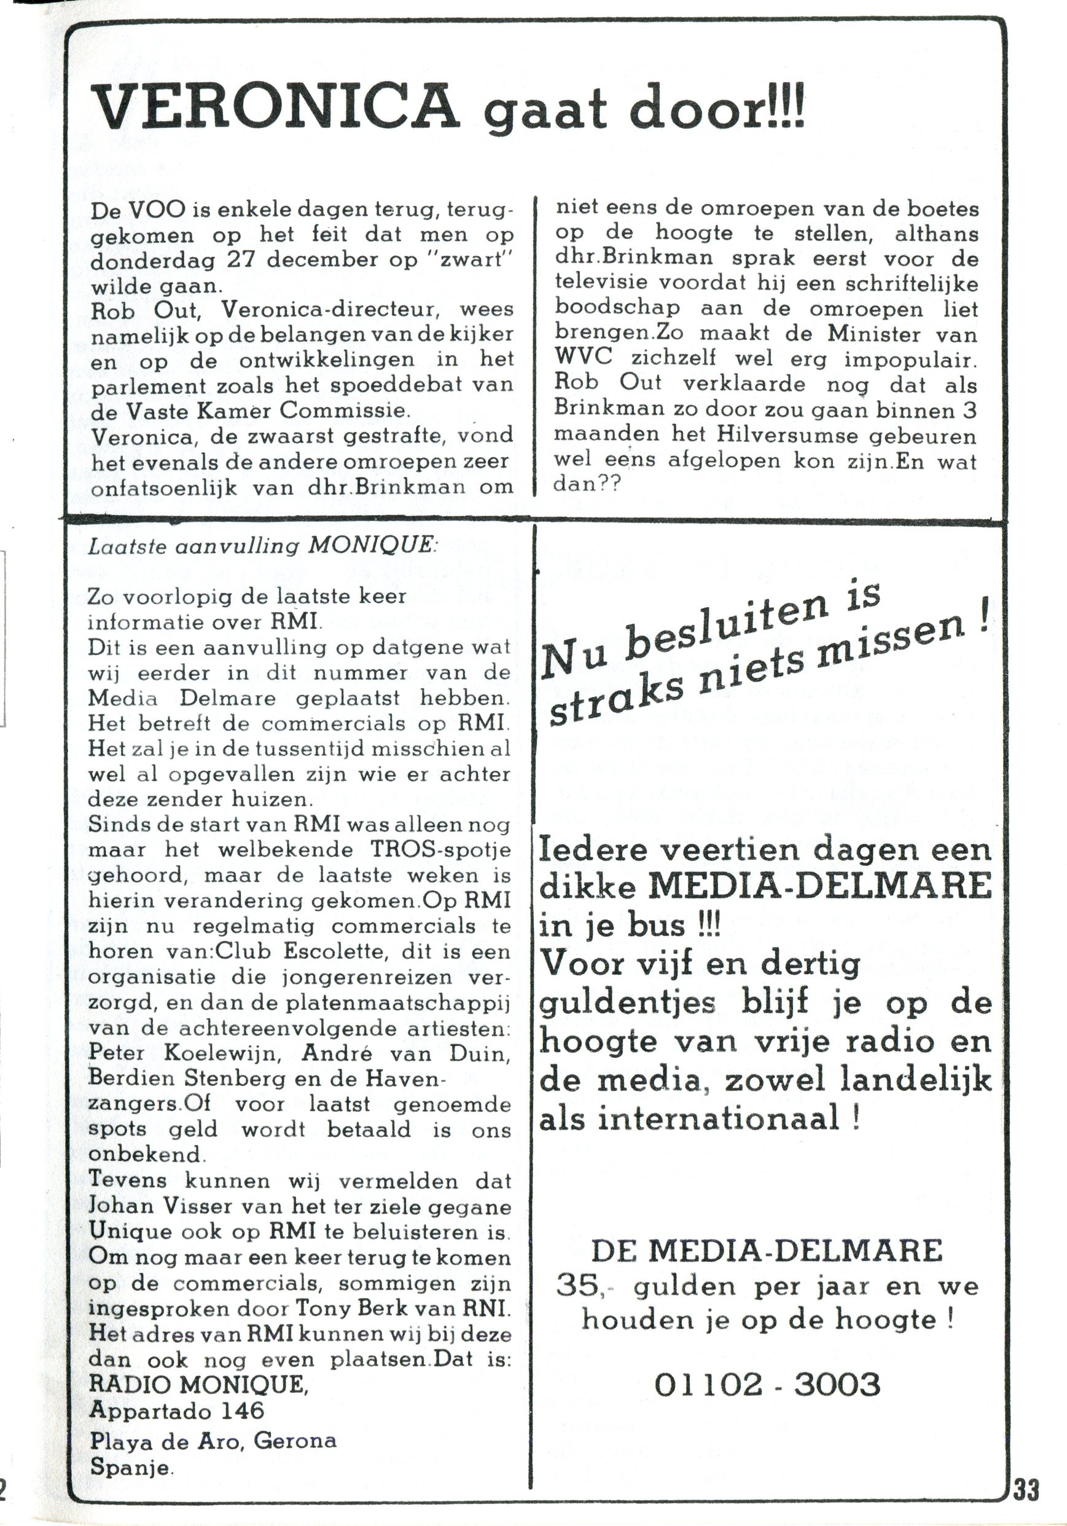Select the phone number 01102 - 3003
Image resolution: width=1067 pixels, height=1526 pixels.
[x=767, y=1384]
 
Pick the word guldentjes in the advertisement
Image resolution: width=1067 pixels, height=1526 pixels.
[x=627, y=1002]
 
